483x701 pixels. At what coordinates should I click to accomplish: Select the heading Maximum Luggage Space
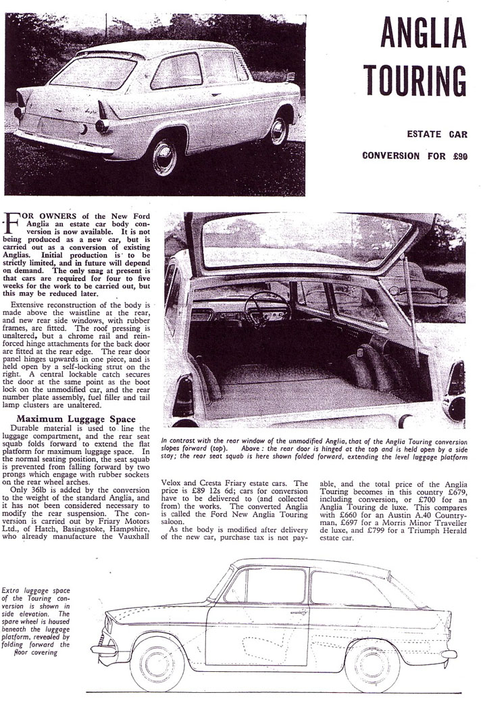click(x=78, y=420)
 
